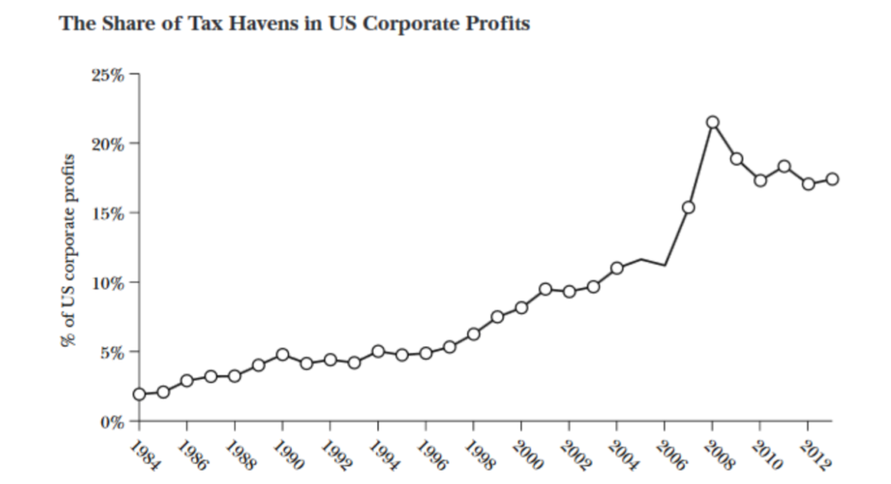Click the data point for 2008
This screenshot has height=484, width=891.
[x=712, y=123]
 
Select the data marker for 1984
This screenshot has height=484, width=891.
[x=139, y=394]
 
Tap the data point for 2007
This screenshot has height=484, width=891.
[x=688, y=207]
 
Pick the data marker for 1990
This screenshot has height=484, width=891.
[x=283, y=355]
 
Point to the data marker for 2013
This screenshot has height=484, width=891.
[x=832, y=179]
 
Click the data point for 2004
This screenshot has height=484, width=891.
[x=617, y=268]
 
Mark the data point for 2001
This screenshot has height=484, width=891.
[x=546, y=289]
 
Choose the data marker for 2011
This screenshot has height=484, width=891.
[x=784, y=166]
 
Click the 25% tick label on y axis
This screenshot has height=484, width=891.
[x=108, y=75]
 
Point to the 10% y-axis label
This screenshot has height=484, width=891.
[x=108, y=282]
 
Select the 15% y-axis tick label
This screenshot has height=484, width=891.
[x=108, y=213]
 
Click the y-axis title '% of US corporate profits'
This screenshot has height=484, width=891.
[x=67, y=250]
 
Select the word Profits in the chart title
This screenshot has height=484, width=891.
[x=498, y=24]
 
